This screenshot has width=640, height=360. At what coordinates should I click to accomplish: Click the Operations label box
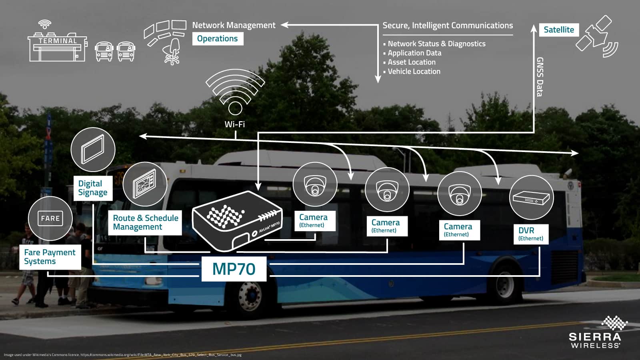pos(218,39)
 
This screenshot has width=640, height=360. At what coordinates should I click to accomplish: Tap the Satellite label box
pos(558,30)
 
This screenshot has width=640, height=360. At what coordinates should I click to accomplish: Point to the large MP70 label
pos(234,269)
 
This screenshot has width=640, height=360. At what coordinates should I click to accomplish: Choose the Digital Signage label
pos(93,188)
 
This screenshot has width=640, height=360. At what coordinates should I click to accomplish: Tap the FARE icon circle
pos(50,218)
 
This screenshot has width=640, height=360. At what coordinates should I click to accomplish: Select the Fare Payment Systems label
pos(50,257)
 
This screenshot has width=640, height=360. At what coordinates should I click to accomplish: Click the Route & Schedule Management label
pos(145,222)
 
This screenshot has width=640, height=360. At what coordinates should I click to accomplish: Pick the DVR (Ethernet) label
pos(530,234)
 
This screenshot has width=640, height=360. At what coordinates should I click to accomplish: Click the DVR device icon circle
pos(531,197)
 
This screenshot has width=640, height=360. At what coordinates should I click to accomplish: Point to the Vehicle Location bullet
pos(414,72)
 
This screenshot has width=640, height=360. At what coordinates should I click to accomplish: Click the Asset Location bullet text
pos(411,62)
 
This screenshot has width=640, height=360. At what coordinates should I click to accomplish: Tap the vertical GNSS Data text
pos(540,77)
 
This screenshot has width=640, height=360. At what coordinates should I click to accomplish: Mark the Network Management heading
pos(234,25)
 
